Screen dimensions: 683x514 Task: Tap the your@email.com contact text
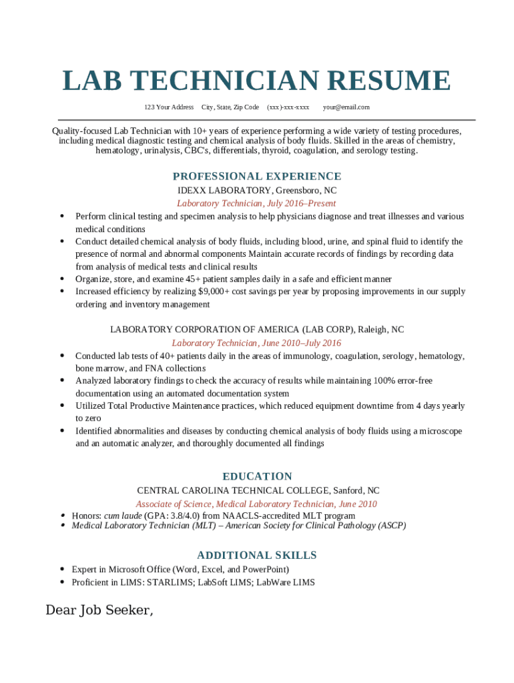[x=346, y=107]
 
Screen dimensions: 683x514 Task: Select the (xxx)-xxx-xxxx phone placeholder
[x=288, y=107]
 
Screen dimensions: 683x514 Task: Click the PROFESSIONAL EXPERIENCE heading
[x=257, y=176]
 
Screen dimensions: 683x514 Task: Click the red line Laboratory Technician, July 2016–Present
[x=256, y=203]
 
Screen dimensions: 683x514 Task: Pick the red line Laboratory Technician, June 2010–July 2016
[x=256, y=343]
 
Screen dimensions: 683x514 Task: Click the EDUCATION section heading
[x=257, y=476]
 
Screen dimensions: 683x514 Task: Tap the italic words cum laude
[x=123, y=516]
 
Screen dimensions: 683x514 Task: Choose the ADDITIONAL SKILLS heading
[x=257, y=555]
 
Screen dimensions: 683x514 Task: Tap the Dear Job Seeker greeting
[x=99, y=610]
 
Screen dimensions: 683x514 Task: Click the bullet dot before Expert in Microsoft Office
[x=61, y=570]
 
